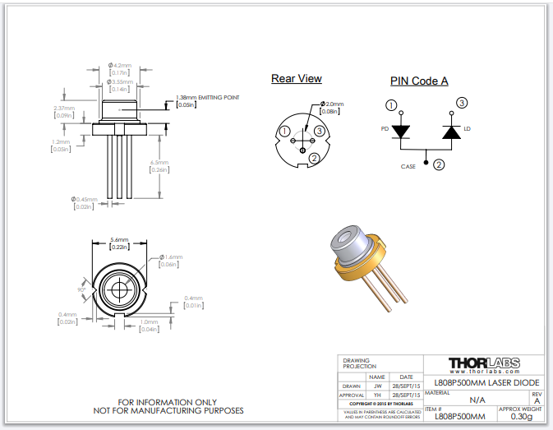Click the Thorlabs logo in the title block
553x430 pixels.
tap(483, 363)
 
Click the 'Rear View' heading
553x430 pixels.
tap(297, 79)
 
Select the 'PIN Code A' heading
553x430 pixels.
tap(418, 81)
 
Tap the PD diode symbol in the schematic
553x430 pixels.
tap(401, 131)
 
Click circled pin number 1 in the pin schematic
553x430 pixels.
tap(391, 105)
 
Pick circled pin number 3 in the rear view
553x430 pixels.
tap(320, 131)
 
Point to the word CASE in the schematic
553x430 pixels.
tap(408, 166)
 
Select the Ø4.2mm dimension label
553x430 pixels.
tap(121, 65)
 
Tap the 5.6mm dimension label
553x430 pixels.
tap(120, 241)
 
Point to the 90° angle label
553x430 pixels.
tap(82, 289)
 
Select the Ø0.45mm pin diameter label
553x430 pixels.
tap(85, 199)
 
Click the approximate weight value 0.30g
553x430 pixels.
tap(520, 416)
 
